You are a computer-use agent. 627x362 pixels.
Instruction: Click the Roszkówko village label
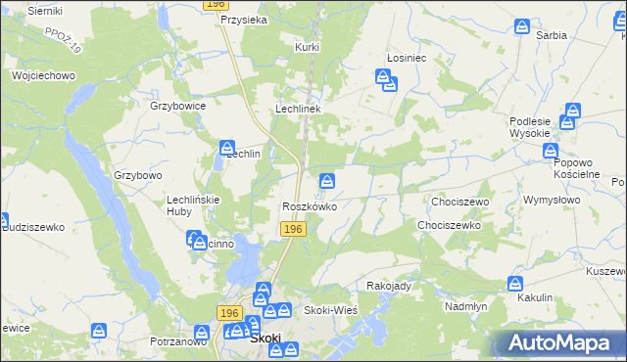point(310,207)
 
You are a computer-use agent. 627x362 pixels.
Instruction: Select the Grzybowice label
point(177,106)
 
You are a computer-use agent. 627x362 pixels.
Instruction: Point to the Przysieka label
point(245,19)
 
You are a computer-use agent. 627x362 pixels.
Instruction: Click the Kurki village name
point(308,46)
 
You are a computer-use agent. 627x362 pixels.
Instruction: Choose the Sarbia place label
point(552,35)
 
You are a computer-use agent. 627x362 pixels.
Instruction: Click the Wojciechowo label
point(43,75)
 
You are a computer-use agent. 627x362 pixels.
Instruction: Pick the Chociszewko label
point(448,225)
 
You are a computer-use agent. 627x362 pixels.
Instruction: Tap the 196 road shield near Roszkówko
point(293,228)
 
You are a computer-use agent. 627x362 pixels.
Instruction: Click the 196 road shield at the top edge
point(217,5)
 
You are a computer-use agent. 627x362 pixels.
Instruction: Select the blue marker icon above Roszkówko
point(328,180)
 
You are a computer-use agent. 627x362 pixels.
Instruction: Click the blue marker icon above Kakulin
point(516,283)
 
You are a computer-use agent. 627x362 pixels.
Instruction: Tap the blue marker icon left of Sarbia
point(523,26)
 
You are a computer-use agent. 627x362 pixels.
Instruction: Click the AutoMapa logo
point(559,342)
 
